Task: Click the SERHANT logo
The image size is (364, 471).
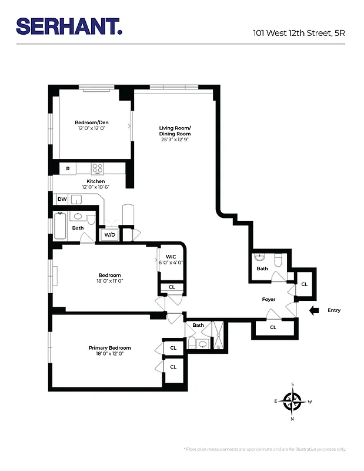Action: [x=69, y=26]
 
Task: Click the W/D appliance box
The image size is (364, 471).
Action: [x=109, y=235]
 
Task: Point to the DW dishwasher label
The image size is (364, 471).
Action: [x=62, y=200]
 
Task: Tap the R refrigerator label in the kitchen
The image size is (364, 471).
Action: [x=68, y=168]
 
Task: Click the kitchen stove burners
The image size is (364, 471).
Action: [x=98, y=168]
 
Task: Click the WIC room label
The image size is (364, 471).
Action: [x=171, y=257]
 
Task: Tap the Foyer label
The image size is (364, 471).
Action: [x=268, y=300]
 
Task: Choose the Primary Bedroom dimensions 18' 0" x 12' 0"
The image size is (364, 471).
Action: [x=109, y=354]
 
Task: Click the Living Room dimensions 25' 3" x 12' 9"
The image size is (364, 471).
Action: [x=175, y=140]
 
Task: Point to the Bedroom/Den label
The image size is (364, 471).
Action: [x=92, y=122]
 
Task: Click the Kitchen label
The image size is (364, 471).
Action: [x=96, y=181]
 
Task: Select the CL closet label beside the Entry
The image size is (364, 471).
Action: [x=304, y=284]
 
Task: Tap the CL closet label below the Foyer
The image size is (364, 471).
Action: [x=273, y=327]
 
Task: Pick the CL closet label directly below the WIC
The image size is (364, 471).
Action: [x=172, y=287]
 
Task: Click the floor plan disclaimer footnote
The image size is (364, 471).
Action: [x=265, y=449]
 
